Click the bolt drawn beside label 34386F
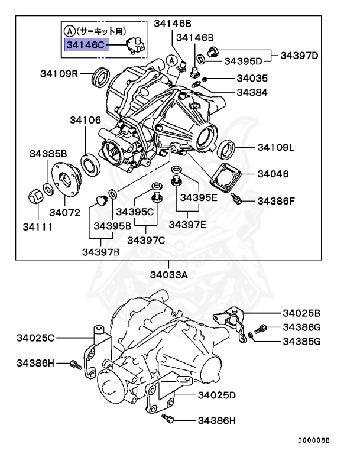pyautogui.click(x=238, y=200)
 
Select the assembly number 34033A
pyautogui.click(x=168, y=274)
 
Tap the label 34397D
pyautogui.click(x=299, y=56)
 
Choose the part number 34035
pyautogui.click(x=252, y=78)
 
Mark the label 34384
pyautogui.click(x=252, y=92)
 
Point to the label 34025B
pyautogui.click(x=301, y=313)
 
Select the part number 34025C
pyautogui.click(x=36, y=338)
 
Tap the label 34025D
pyautogui.click(x=217, y=394)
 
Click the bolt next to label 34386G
pyautogui.click(x=261, y=328)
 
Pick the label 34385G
pyautogui.click(x=301, y=341)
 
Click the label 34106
pyautogui.click(x=86, y=120)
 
